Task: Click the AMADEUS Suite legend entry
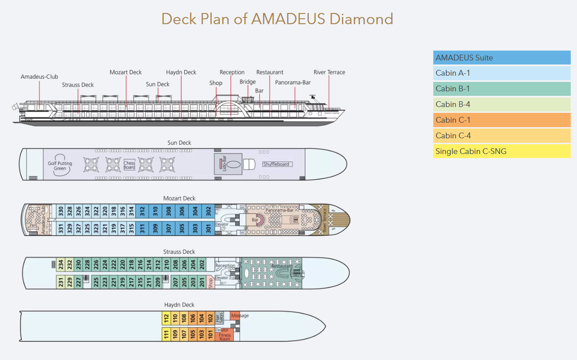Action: [x=501, y=58]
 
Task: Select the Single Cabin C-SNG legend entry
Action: [x=501, y=151]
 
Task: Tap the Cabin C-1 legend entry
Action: [x=501, y=120]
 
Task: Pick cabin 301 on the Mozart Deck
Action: [x=208, y=228]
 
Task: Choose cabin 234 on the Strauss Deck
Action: [x=60, y=265]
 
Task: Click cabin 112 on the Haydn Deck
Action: [x=166, y=318]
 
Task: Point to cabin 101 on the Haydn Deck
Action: [x=210, y=334]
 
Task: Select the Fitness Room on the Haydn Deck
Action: [x=225, y=336]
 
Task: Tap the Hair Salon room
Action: [x=219, y=318]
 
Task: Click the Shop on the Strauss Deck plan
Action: [x=211, y=283]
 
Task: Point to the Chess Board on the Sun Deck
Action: [x=129, y=165]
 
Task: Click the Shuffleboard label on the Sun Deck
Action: [x=277, y=164]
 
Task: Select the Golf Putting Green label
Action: [x=60, y=166]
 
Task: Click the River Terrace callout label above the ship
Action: [x=329, y=72]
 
